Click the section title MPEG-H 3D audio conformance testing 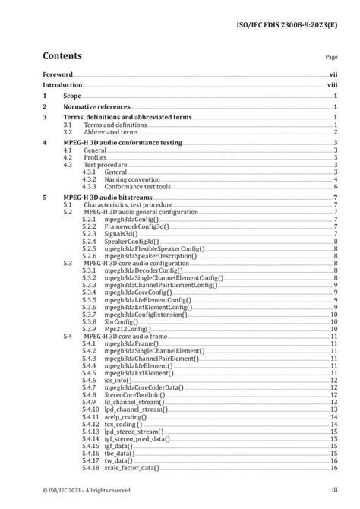(122, 143)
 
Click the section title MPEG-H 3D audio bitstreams (107, 198)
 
